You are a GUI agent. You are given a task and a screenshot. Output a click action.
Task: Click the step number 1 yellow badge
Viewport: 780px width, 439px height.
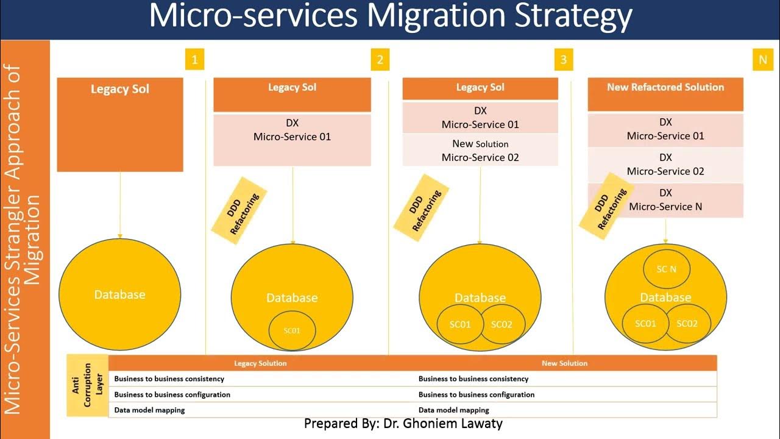click(194, 60)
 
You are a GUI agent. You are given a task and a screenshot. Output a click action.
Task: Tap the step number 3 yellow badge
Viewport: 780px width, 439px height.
click(564, 60)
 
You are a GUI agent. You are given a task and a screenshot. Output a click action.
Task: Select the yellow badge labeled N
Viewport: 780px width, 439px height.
click(762, 60)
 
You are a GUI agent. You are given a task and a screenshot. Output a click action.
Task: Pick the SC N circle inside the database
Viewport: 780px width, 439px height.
click(666, 269)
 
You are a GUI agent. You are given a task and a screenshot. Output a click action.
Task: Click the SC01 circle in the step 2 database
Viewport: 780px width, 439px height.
click(292, 330)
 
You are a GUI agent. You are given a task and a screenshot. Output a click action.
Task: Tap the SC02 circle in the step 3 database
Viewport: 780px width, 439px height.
click(502, 324)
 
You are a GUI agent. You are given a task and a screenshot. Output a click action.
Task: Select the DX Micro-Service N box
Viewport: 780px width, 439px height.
click(665, 200)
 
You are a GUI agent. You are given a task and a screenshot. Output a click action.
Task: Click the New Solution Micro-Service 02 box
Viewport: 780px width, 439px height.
click(480, 151)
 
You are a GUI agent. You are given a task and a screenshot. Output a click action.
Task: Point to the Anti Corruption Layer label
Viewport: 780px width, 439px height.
click(87, 385)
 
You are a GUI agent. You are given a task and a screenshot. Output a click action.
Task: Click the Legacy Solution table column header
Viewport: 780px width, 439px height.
click(260, 363)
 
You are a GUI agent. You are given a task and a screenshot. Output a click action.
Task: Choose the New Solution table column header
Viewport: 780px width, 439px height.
click(564, 363)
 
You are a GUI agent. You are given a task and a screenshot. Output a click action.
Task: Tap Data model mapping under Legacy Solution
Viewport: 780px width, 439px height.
click(150, 410)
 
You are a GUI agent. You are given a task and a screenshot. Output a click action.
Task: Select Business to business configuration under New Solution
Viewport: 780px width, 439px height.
click(476, 394)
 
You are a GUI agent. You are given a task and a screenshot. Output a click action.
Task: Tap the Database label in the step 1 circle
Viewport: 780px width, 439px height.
click(120, 294)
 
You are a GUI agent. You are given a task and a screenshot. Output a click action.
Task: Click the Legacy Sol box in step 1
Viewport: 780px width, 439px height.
click(120, 124)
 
